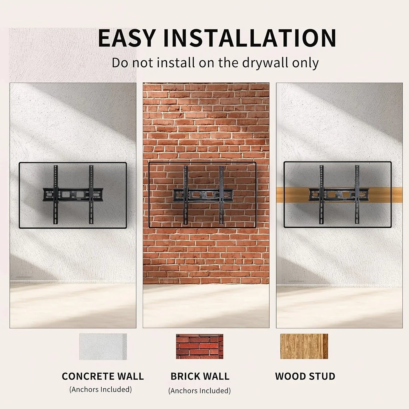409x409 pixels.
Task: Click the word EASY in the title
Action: point(127,38)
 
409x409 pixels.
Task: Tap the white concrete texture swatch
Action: point(103,347)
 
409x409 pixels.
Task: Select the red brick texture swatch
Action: point(200,347)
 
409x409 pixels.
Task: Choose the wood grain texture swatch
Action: point(304,346)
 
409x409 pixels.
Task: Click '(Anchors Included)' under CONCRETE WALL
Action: point(100,389)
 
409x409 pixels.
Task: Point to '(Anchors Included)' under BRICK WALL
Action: point(200,391)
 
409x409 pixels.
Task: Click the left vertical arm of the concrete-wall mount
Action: point(55,195)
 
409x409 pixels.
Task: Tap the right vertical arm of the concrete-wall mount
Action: point(91,195)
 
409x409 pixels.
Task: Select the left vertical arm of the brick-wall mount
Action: point(186,195)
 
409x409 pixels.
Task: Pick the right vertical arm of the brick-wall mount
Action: point(221,195)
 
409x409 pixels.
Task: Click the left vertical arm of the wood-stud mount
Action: point(322,195)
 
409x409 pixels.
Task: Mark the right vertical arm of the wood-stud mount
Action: point(357,195)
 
